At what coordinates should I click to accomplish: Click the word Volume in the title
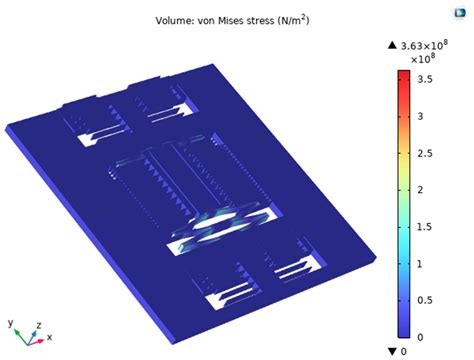pos(174,20)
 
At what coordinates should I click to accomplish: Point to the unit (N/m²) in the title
pos(306,20)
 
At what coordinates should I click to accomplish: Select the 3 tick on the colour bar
pos(420,117)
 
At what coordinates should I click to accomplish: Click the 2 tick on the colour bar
pos(420,190)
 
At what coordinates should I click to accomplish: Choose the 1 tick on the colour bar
pos(420,264)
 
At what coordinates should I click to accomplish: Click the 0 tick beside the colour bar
pos(420,337)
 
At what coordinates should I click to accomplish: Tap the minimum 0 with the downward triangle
pos(403,351)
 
